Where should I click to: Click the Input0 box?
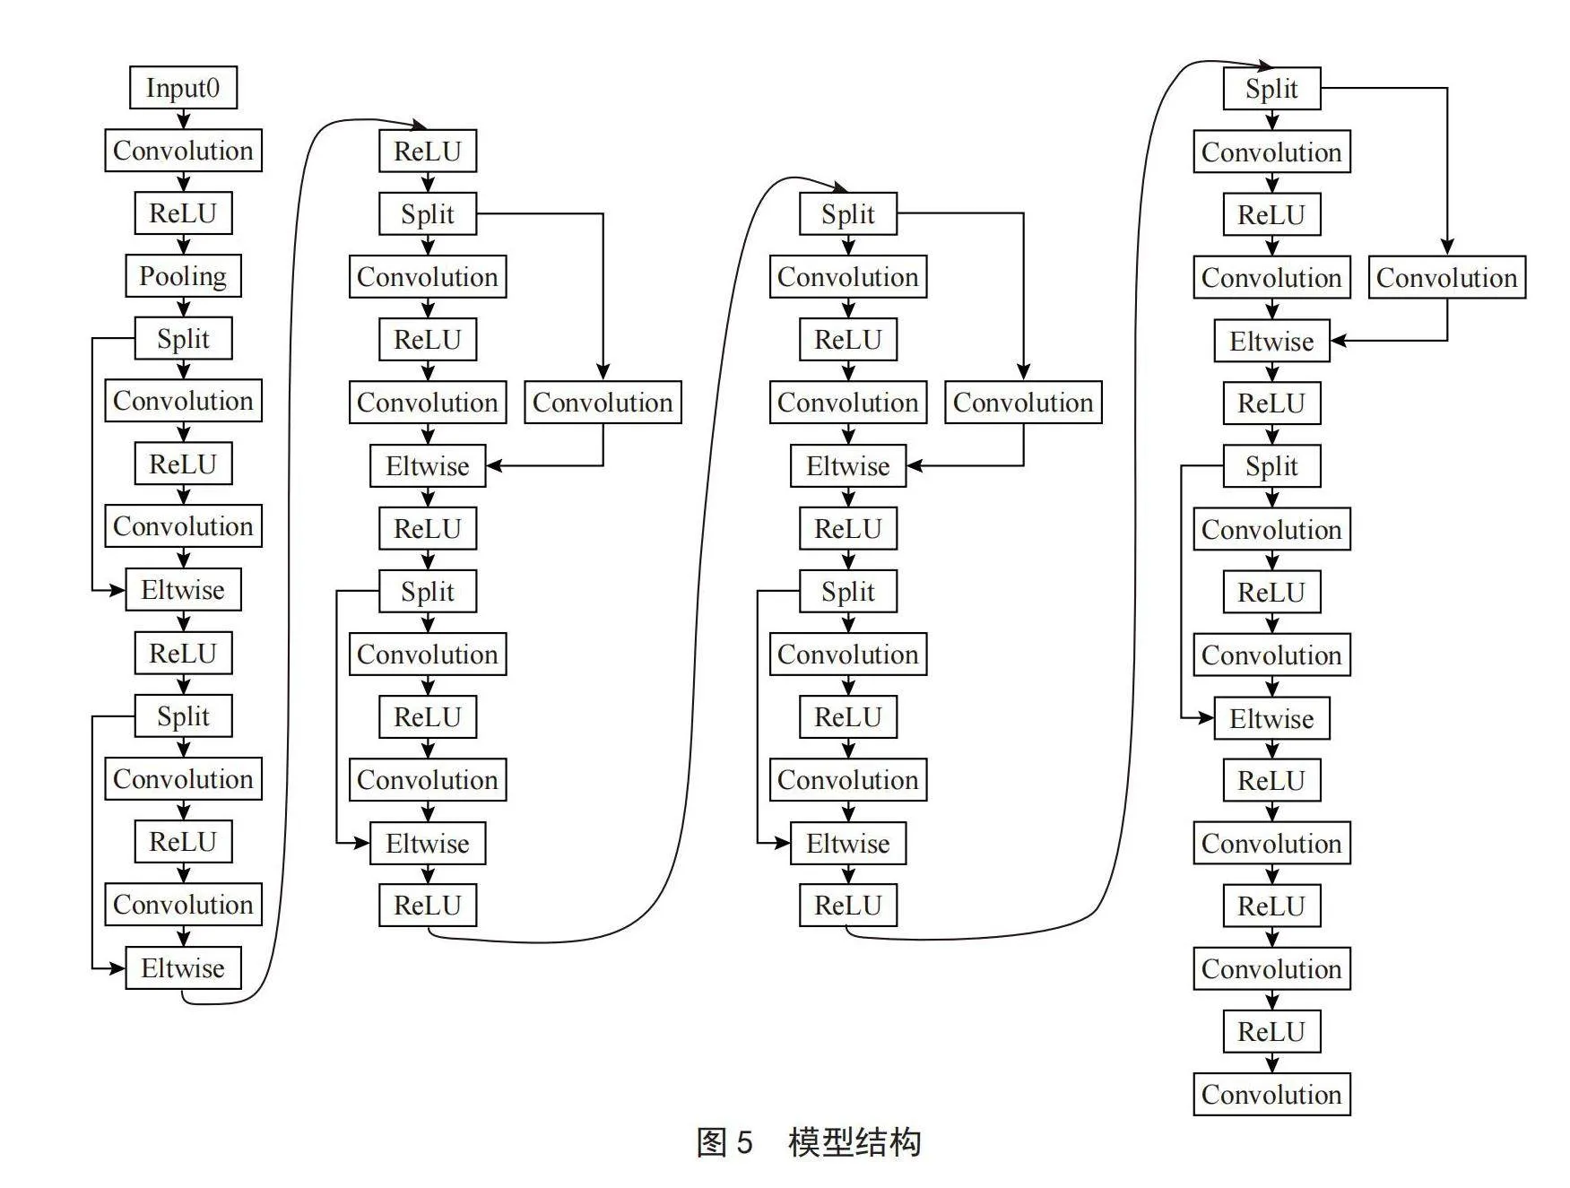(183, 88)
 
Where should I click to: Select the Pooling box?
(183, 275)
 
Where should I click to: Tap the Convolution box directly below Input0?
(183, 151)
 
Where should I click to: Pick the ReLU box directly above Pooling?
(183, 213)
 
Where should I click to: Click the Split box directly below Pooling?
(183, 338)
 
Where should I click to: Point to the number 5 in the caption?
(744, 1142)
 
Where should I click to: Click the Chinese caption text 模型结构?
(854, 1142)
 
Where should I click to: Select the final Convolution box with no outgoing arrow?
(1271, 1094)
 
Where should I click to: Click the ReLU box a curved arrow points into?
(428, 151)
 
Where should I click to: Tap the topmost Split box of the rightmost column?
(1271, 89)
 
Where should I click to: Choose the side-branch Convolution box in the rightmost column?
(1446, 277)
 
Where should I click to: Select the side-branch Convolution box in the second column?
(603, 402)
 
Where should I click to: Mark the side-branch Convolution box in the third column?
(1023, 402)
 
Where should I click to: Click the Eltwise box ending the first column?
(183, 967)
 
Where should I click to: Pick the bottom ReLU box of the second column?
(428, 905)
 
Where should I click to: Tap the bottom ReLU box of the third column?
(848, 905)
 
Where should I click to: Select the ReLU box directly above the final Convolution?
(1271, 1031)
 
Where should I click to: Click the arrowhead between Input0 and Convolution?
(183, 121)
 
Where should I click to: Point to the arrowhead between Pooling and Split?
(183, 308)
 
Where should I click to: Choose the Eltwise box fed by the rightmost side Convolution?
(1271, 341)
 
